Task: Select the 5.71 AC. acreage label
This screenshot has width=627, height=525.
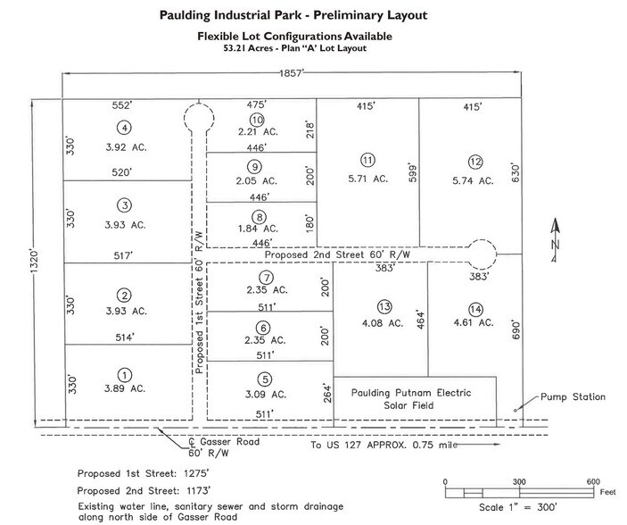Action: [367, 179]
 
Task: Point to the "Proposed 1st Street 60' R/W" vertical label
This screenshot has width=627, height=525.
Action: [199, 304]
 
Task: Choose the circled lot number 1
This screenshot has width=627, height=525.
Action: [124, 375]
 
